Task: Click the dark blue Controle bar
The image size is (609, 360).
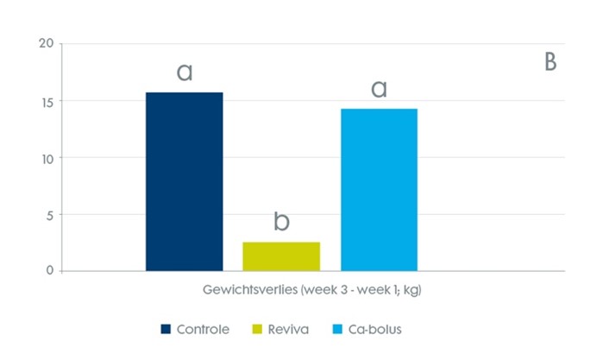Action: coord(185,181)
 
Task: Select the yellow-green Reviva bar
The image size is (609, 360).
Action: coord(281,256)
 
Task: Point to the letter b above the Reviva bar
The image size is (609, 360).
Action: coord(281,222)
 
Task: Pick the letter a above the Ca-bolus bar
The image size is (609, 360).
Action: coord(379,89)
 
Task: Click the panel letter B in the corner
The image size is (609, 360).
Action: coord(549,63)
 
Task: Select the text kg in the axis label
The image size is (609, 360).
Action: coord(411,291)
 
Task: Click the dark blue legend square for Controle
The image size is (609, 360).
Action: coord(165,329)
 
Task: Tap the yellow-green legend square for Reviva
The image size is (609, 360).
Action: coord(256,329)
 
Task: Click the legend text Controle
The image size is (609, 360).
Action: coord(203,329)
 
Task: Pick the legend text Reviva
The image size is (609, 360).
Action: coord(288,329)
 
